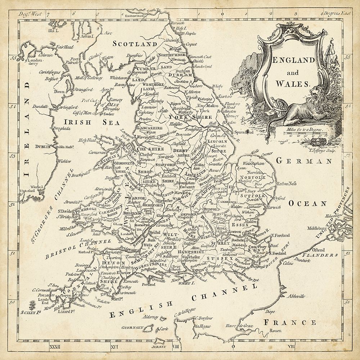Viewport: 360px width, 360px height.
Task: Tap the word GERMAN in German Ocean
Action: [x=303, y=162]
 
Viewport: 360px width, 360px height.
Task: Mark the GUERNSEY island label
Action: [x=133, y=328]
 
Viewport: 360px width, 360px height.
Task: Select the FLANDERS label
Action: [x=319, y=255]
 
